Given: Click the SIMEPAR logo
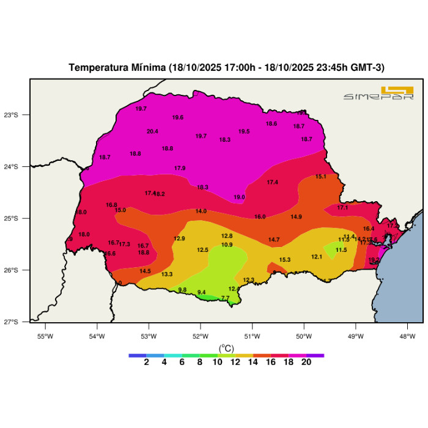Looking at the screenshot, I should [x=379, y=94].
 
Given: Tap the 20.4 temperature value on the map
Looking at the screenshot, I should [x=152, y=131].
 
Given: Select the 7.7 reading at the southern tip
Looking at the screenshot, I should [x=225, y=298].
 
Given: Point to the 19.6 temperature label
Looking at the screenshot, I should [x=178, y=117].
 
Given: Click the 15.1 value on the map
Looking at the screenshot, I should [x=320, y=177].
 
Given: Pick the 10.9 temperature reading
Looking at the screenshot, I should [x=227, y=245].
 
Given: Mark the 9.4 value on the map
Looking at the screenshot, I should [x=201, y=292].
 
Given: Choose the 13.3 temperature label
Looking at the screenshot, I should [x=167, y=275].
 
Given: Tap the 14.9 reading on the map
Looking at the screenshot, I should [x=296, y=217].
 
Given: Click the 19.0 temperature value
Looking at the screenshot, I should [x=239, y=197].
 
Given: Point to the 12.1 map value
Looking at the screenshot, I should [x=317, y=257].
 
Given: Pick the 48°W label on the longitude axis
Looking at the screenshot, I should [x=408, y=336].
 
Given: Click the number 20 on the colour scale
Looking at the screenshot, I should [x=306, y=362].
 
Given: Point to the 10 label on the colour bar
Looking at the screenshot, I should [x=217, y=362].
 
